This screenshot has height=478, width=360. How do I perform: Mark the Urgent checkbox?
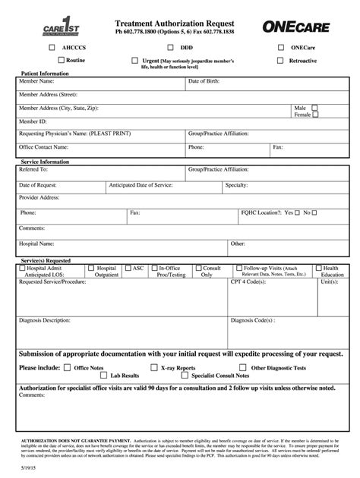(x=134, y=59)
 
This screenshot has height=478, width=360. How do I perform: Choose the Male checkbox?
(x=315, y=108)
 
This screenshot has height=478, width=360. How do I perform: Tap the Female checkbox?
(x=315, y=115)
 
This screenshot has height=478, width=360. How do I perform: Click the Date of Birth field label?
(x=204, y=80)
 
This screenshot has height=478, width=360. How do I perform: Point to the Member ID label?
(x=33, y=121)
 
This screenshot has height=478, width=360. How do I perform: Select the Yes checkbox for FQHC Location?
(x=298, y=212)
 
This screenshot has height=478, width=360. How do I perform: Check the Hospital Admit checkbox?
(x=23, y=268)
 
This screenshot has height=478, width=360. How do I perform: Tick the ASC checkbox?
(x=129, y=268)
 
